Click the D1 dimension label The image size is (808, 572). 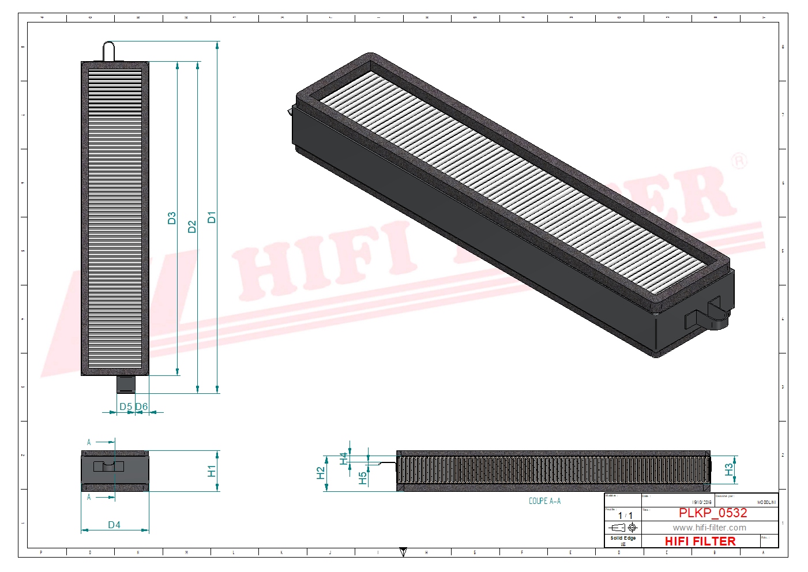212,217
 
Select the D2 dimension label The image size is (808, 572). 192,227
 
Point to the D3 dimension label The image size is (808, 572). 171,218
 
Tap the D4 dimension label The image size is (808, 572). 114,525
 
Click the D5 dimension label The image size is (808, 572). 125,407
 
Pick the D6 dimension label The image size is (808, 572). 142,407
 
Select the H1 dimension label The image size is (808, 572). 212,471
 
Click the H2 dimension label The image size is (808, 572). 321,473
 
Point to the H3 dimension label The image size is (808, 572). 729,469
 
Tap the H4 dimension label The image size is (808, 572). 344,458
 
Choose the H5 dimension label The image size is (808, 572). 362,478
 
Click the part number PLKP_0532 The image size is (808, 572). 712,513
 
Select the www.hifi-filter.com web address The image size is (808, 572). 709,528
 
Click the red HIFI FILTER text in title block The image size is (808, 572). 700,541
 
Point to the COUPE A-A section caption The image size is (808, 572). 544,501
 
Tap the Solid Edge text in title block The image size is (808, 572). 623,538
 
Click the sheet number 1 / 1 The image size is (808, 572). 625,515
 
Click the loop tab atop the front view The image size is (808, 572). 109,50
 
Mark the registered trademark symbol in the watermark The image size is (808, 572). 739,161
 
